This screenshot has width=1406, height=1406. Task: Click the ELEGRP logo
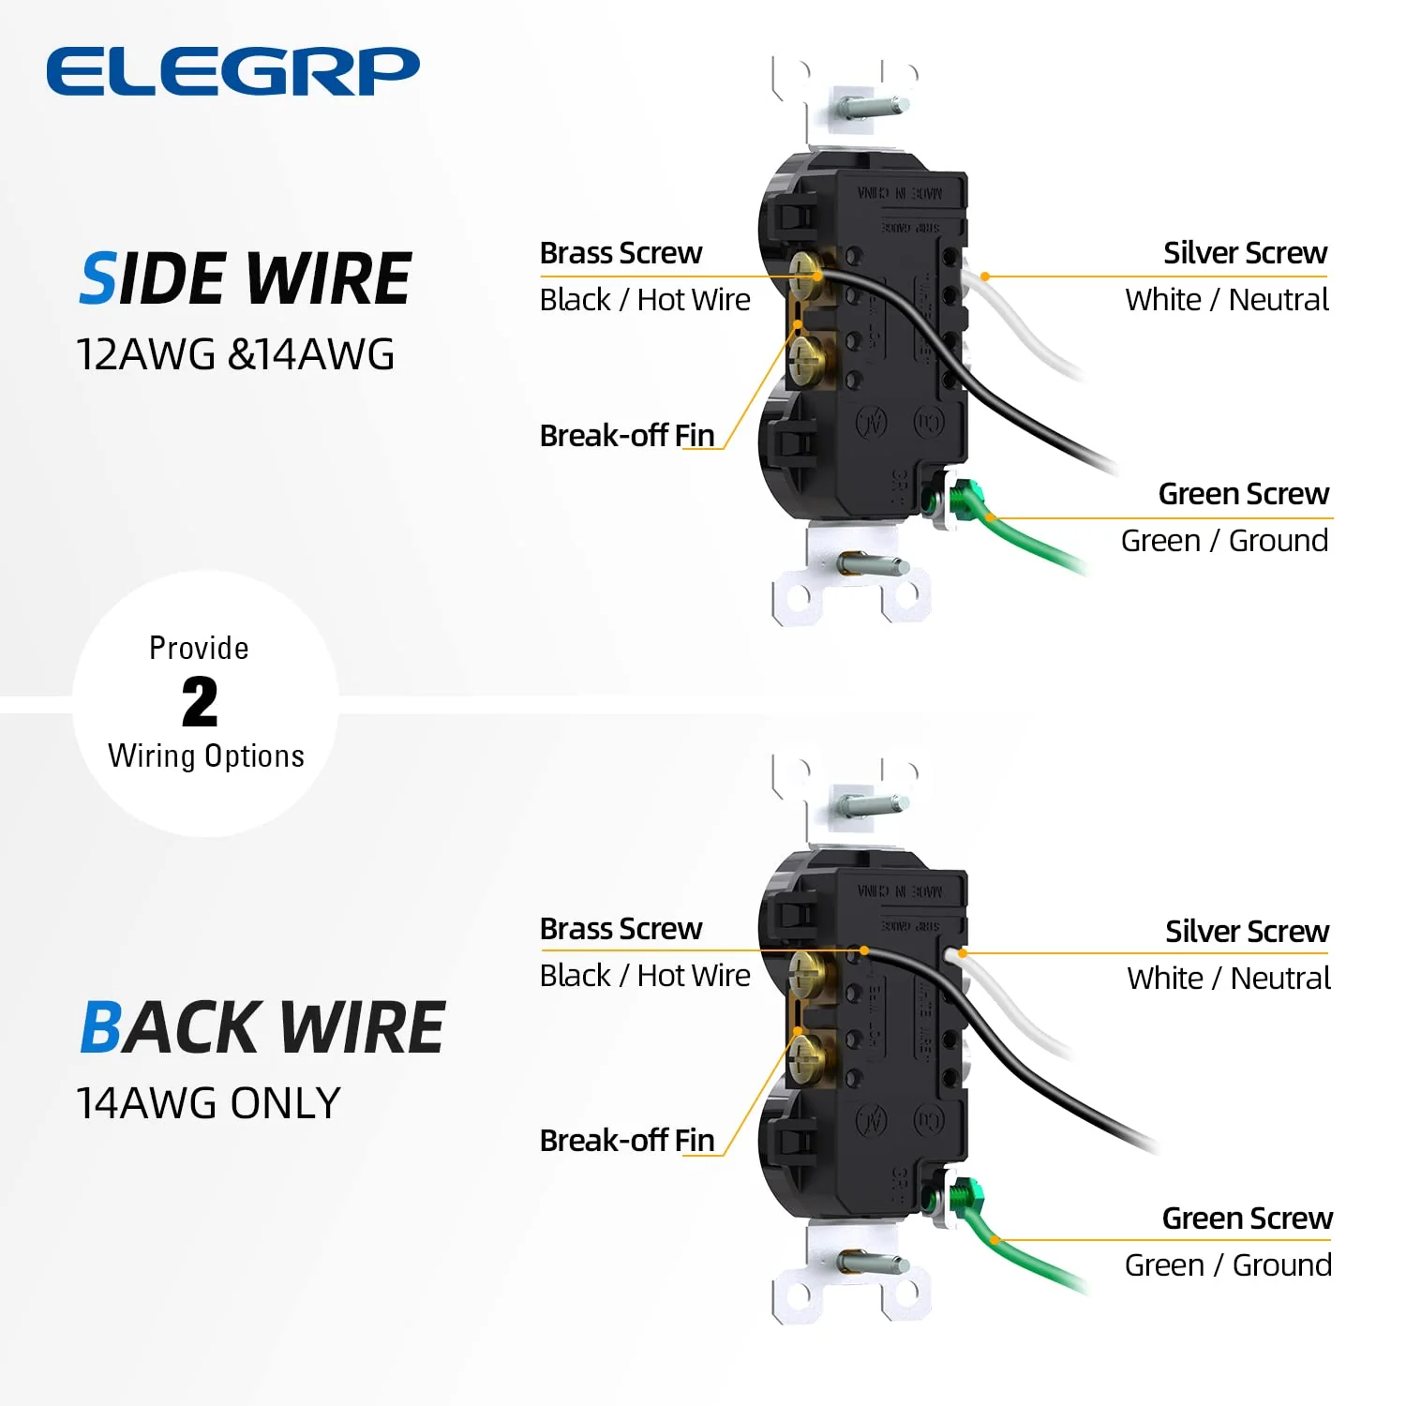pos(232,71)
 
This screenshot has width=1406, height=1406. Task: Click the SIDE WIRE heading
pos(246,279)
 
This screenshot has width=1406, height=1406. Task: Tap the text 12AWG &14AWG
pos(235,355)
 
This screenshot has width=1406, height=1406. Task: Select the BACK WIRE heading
pos(262,1028)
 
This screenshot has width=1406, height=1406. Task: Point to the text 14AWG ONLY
pos(208,1103)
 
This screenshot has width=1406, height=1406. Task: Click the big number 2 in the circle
pos(200,703)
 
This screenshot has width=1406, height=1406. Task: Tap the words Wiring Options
pos(206,756)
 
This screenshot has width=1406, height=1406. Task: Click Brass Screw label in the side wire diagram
pos(621,253)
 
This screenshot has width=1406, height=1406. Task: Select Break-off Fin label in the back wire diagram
pos(627,1141)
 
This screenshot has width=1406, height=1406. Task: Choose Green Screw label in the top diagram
pos(1243,494)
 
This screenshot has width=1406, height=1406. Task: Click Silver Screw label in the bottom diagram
pos(1247,932)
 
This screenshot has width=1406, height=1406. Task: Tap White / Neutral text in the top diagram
pos(1227,300)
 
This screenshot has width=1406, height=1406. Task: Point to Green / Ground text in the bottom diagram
pos(1228,1265)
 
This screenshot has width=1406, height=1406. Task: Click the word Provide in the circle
pos(199,649)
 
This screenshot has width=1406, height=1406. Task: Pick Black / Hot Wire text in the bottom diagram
pos(645,976)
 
